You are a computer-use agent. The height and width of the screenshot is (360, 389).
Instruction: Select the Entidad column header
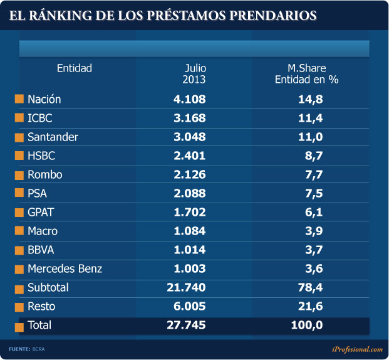[x=74, y=68]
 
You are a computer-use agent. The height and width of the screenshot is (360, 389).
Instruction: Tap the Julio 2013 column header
[x=194, y=74]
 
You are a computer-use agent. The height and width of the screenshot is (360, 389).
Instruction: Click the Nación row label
[x=44, y=99]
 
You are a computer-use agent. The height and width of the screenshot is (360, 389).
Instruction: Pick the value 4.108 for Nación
[x=189, y=99]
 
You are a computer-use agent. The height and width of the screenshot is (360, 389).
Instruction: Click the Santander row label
[x=53, y=137]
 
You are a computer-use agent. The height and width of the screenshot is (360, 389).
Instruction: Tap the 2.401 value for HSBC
[x=189, y=156]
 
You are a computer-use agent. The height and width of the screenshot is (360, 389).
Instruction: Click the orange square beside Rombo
[x=19, y=175]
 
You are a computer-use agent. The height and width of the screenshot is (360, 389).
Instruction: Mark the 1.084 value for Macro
[x=189, y=231]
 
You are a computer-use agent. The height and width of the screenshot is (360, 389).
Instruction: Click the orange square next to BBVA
[x=19, y=250]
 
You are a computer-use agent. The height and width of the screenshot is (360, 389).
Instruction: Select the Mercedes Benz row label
[x=65, y=269]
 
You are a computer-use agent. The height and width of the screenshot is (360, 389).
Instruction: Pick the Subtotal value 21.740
[x=186, y=288]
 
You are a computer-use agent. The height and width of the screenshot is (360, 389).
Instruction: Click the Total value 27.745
[x=186, y=326]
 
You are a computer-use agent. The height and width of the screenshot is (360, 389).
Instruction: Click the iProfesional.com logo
[x=357, y=348]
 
